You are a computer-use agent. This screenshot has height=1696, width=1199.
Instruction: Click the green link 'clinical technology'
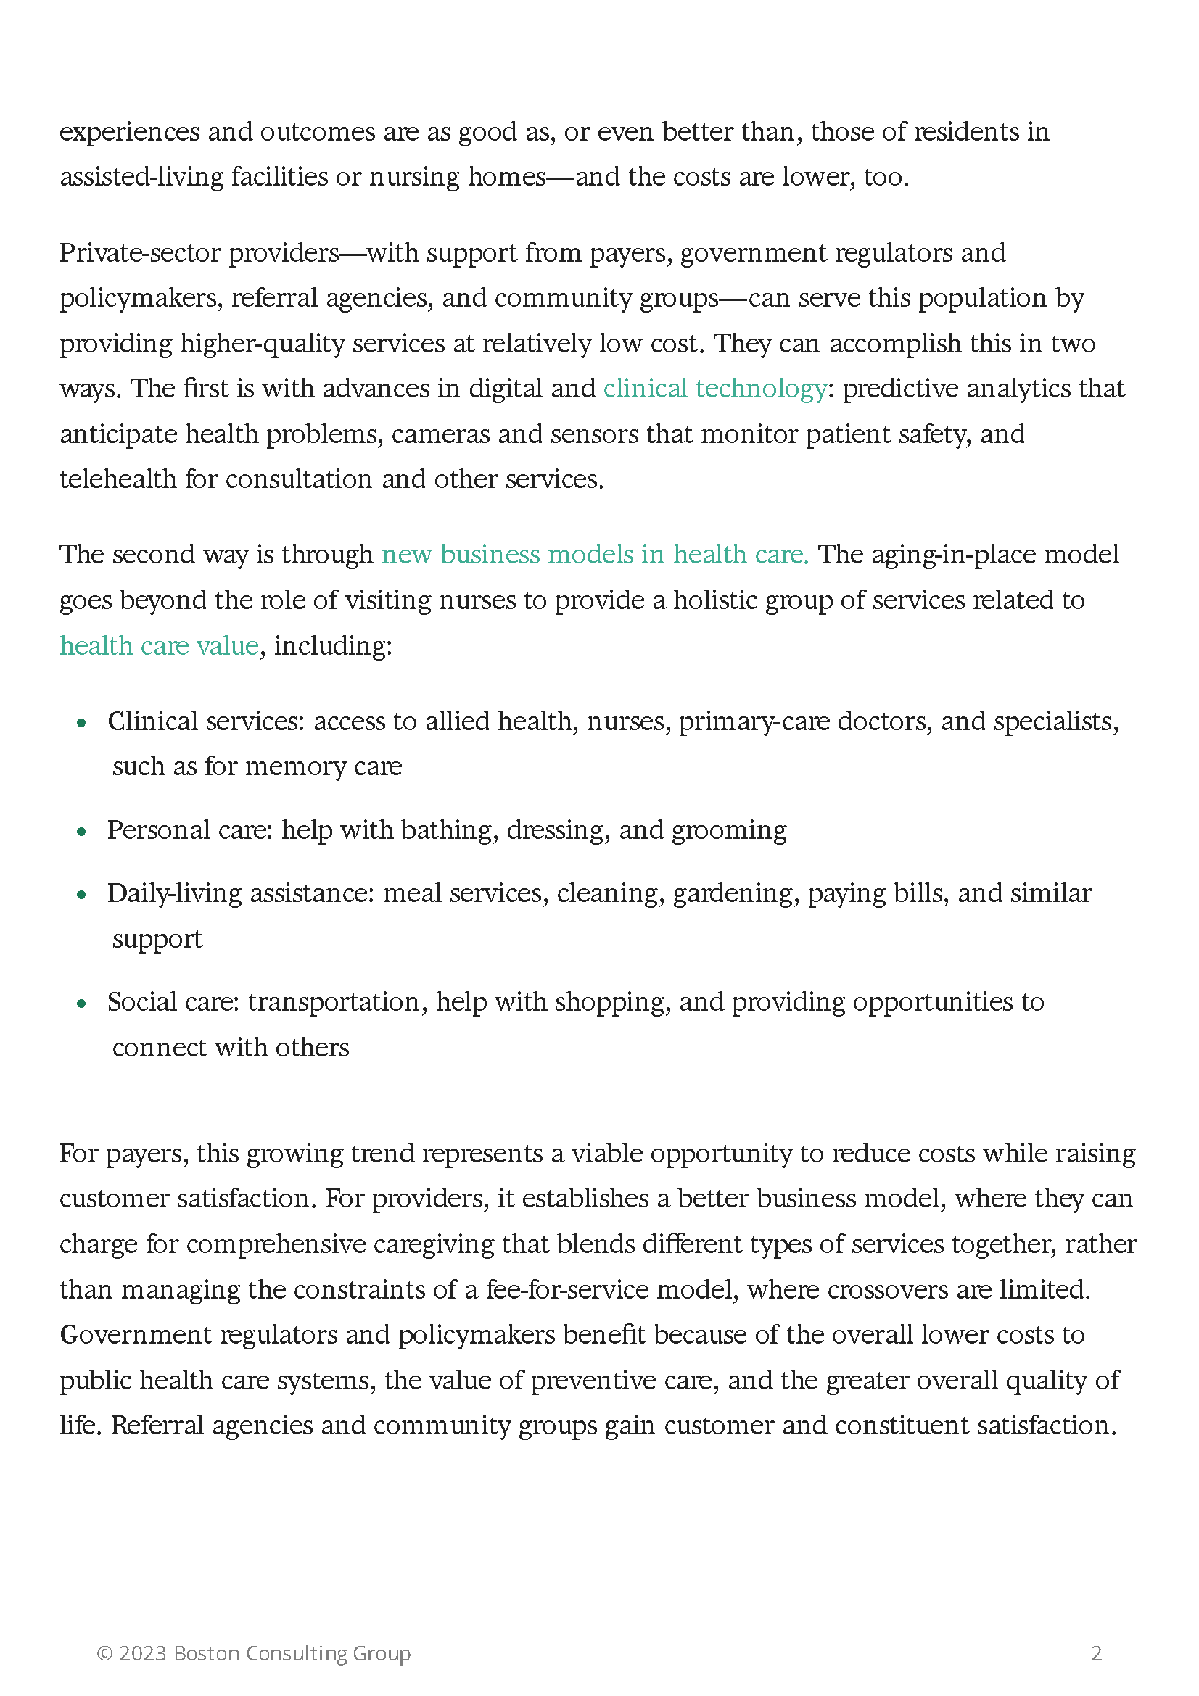coord(714,389)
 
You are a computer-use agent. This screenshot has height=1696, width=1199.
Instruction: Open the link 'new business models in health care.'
coord(595,554)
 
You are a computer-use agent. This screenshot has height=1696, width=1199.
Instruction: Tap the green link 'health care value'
coord(159,645)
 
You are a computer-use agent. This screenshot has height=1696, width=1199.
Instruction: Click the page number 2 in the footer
coord(1096,1653)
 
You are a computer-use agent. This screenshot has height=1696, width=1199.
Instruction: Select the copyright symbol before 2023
coord(105,1653)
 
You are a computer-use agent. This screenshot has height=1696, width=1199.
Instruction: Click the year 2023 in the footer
coord(143,1653)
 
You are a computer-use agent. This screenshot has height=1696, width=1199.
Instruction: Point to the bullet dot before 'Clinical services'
coord(82,722)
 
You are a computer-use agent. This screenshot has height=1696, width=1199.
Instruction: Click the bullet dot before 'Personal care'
coord(82,832)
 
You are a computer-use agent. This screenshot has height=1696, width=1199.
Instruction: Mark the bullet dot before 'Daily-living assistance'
coord(82,895)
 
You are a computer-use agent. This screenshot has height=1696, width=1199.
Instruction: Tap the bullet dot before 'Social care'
coord(82,1003)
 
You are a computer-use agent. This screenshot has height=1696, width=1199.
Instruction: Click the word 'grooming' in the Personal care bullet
coord(728,831)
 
